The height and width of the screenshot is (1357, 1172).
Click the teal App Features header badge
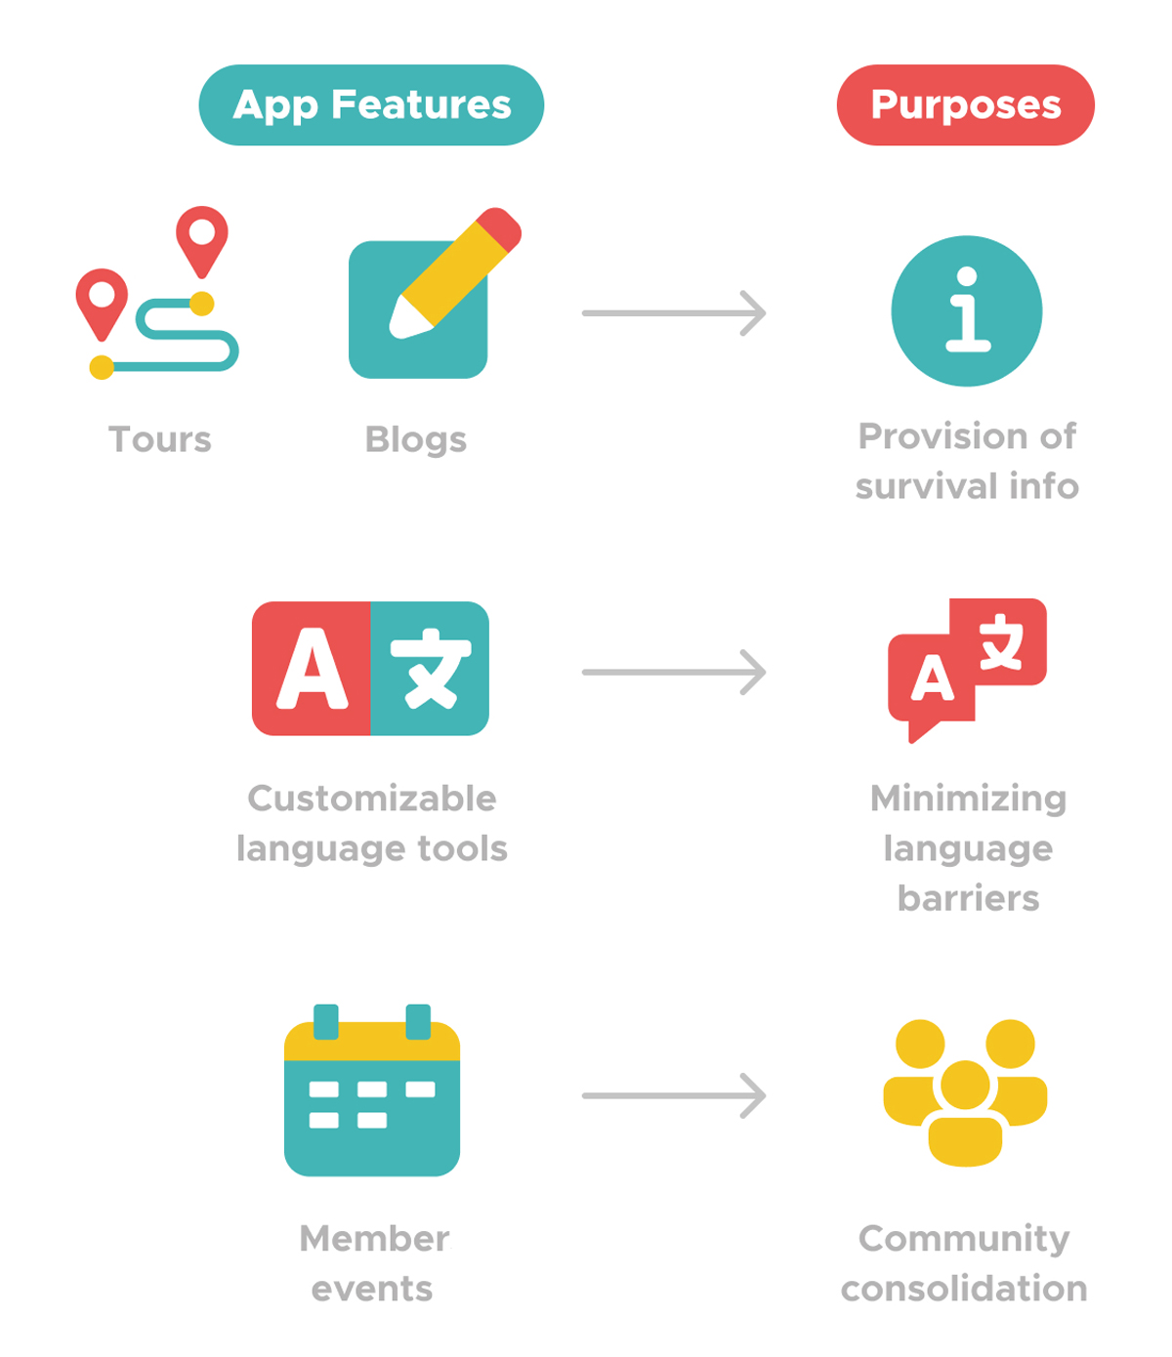pos(371,105)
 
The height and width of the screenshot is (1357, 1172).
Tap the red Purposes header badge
pos(965,105)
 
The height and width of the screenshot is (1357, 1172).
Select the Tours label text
pos(160,439)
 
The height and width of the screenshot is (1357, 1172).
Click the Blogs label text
pos(416,439)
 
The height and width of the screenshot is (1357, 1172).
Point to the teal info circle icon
pos(967,311)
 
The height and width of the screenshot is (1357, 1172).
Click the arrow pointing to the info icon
pos(674,313)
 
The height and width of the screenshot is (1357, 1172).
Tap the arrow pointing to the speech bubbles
pos(674,673)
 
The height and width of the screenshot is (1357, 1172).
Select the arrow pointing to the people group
pos(674,1095)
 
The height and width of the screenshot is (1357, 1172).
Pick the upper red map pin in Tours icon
pos(202,237)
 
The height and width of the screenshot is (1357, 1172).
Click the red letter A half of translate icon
pos(312,669)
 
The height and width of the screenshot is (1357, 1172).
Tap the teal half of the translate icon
pos(430,669)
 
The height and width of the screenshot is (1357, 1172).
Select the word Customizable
pos(372,799)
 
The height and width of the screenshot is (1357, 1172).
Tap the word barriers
pos(968,898)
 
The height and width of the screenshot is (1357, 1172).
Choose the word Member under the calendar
pos(374,1239)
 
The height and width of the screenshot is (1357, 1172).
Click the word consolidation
pos(964,1289)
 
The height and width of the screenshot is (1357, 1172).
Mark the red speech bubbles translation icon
pos(967,669)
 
